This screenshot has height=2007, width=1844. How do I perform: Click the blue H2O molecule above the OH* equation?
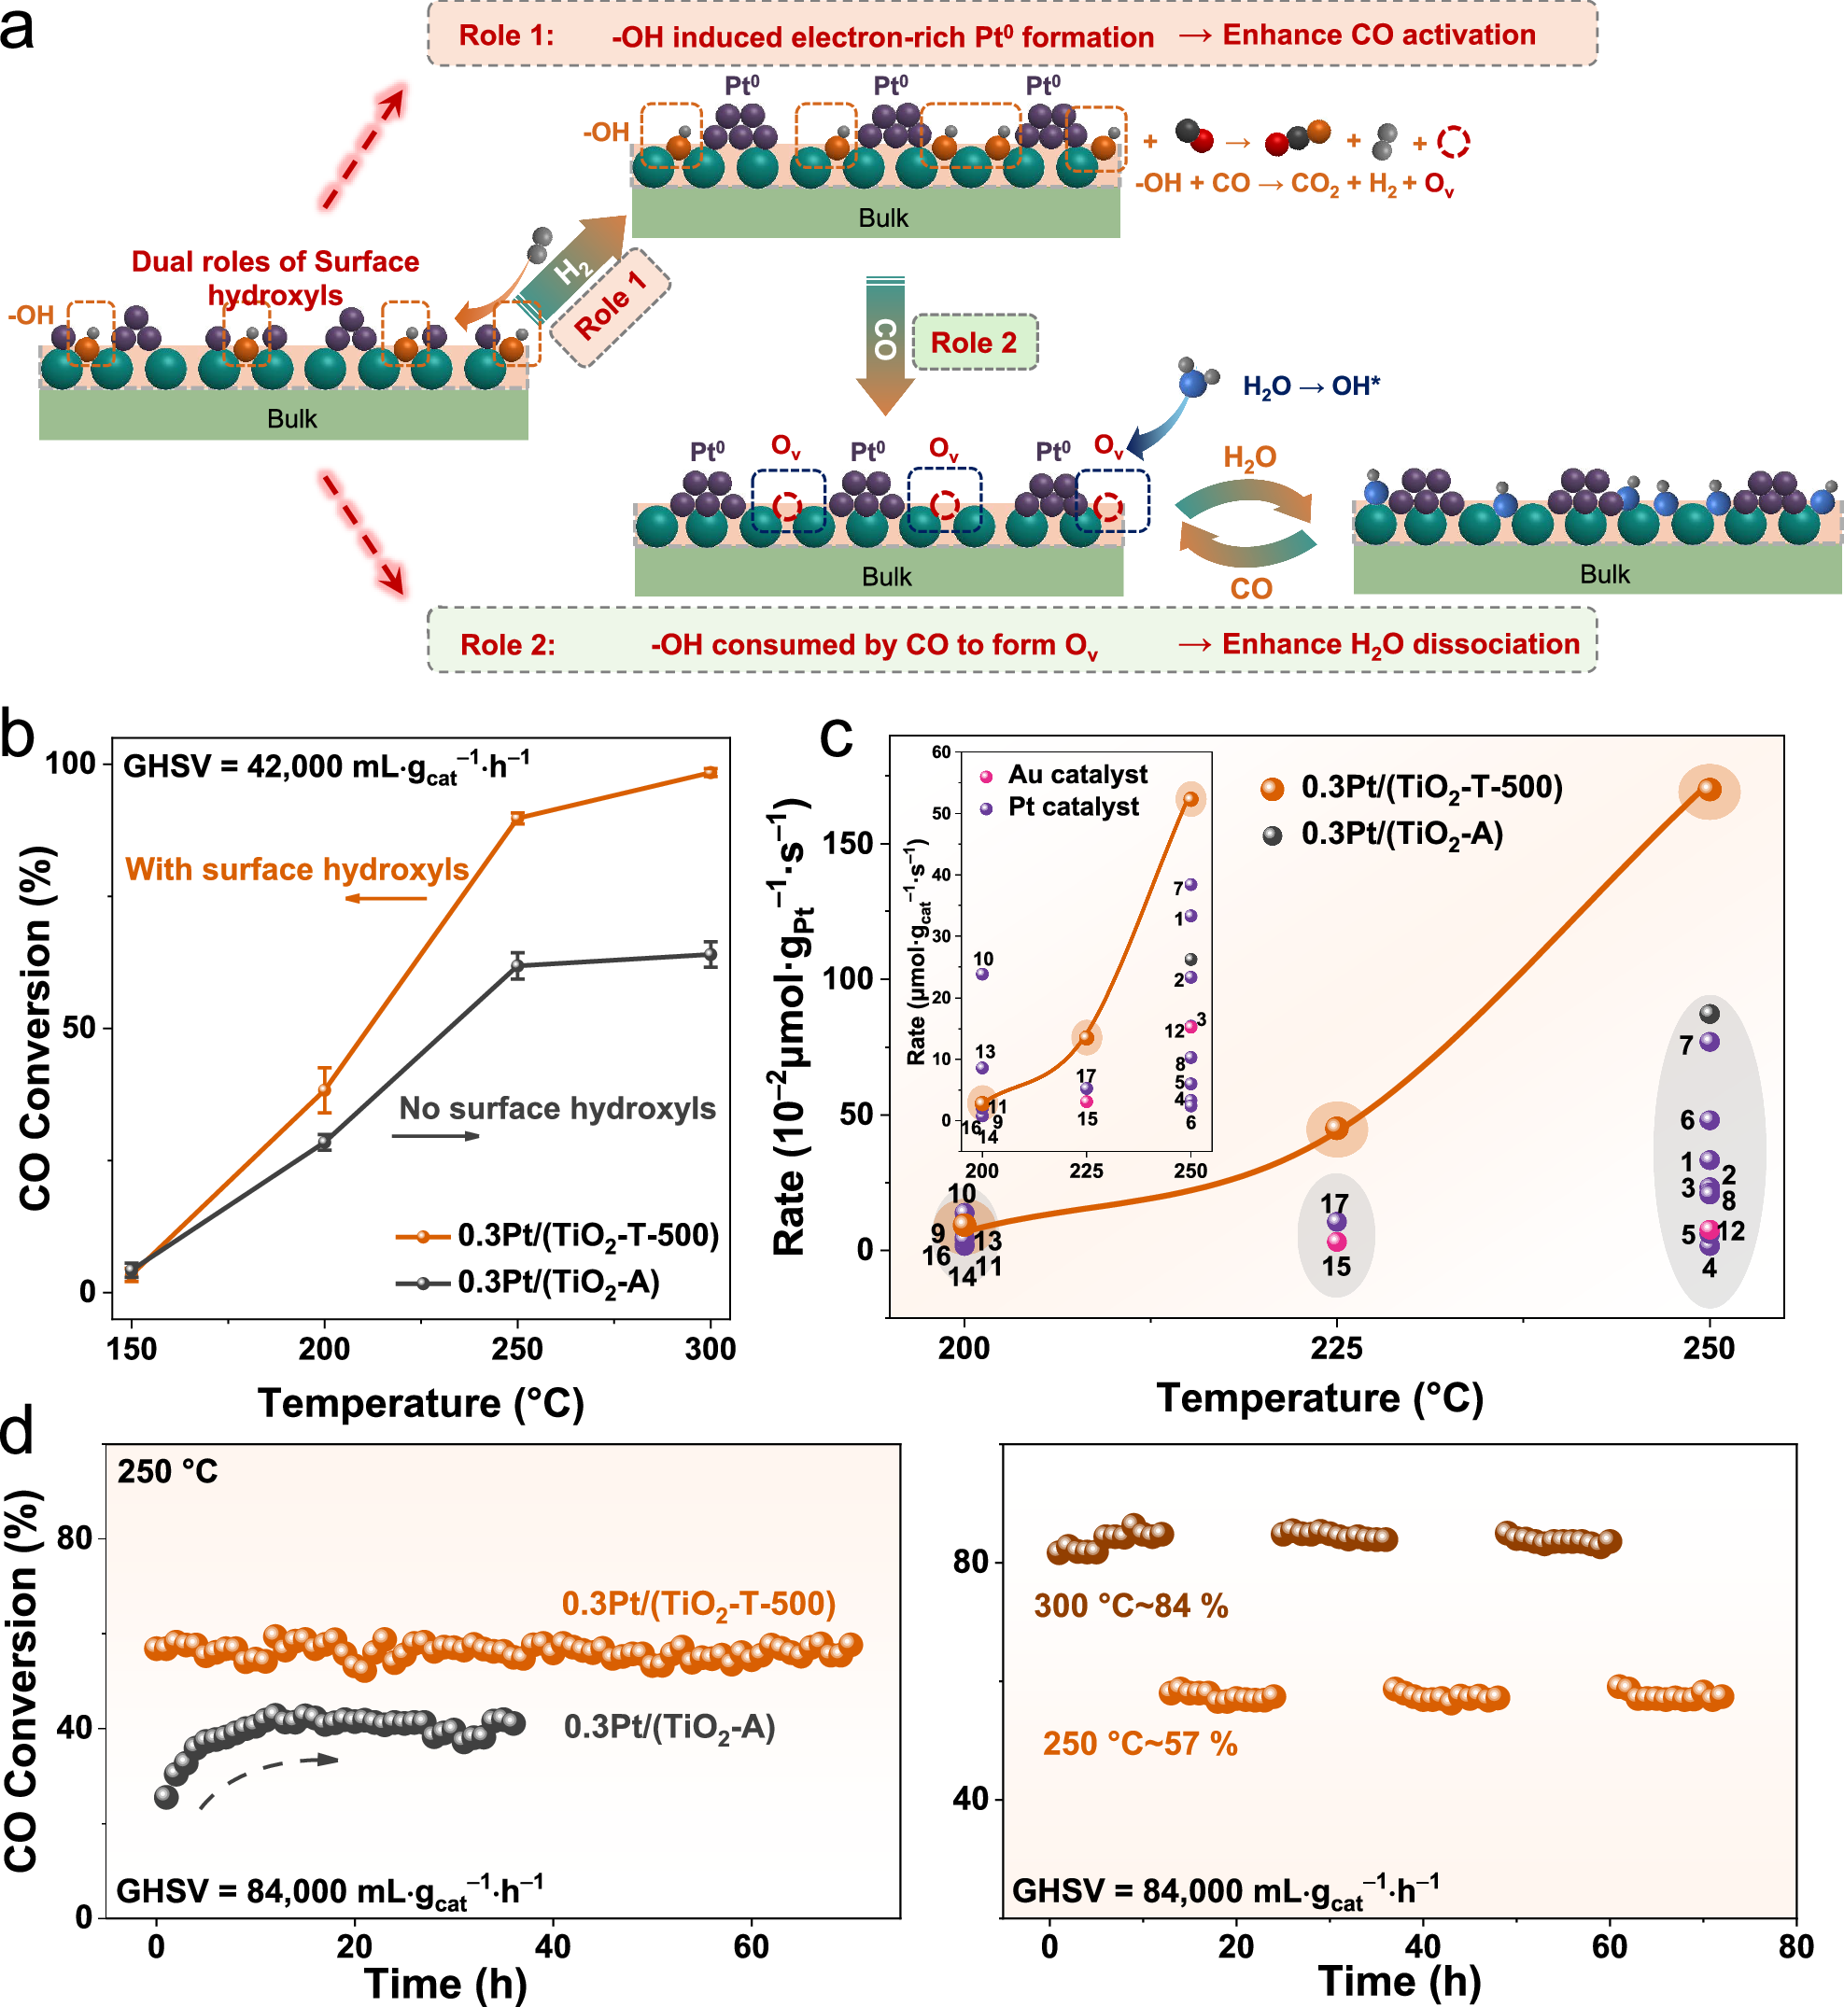point(1192,382)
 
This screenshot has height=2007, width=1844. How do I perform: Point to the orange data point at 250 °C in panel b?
point(517,819)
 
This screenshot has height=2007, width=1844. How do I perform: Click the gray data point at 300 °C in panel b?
point(711,955)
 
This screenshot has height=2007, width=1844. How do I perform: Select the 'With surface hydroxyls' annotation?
point(296,870)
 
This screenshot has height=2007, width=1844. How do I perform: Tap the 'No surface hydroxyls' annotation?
point(556,1108)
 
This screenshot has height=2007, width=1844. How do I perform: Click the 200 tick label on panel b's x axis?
point(324,1350)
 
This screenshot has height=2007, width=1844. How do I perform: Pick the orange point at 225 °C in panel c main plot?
point(1336,1129)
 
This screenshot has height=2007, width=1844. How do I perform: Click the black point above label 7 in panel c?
point(1710,1014)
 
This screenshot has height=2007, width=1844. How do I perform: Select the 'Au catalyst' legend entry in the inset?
point(1077,775)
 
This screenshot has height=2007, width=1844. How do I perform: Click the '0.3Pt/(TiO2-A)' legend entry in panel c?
point(1401,834)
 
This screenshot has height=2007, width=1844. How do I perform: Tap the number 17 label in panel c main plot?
point(1334,1203)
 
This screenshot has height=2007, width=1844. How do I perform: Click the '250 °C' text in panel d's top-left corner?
point(168,1472)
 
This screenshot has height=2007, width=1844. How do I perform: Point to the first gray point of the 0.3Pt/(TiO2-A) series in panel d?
point(165,1797)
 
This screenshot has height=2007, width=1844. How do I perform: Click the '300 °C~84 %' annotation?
point(1131,1606)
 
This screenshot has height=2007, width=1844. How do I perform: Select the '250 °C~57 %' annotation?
point(1139,1744)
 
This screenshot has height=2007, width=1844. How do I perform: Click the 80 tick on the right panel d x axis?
point(1795,1946)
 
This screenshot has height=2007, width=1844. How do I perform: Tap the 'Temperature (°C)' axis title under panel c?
point(1319,1398)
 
